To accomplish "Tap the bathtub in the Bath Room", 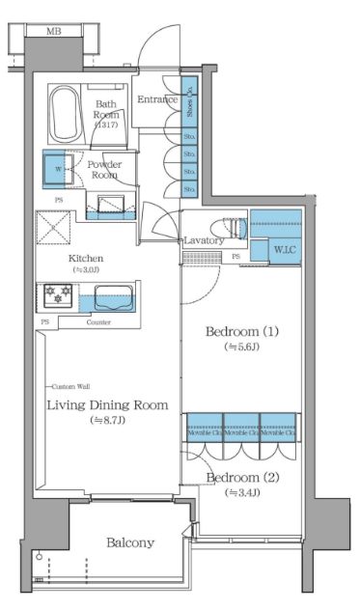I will point(65,113).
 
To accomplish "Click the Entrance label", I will point(156,99).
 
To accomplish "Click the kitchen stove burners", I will point(53,294).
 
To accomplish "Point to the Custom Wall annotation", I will point(70,385).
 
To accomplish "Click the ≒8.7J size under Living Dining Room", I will point(107,420).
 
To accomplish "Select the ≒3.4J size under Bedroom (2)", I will point(243,493).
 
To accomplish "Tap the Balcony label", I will point(129,542).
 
